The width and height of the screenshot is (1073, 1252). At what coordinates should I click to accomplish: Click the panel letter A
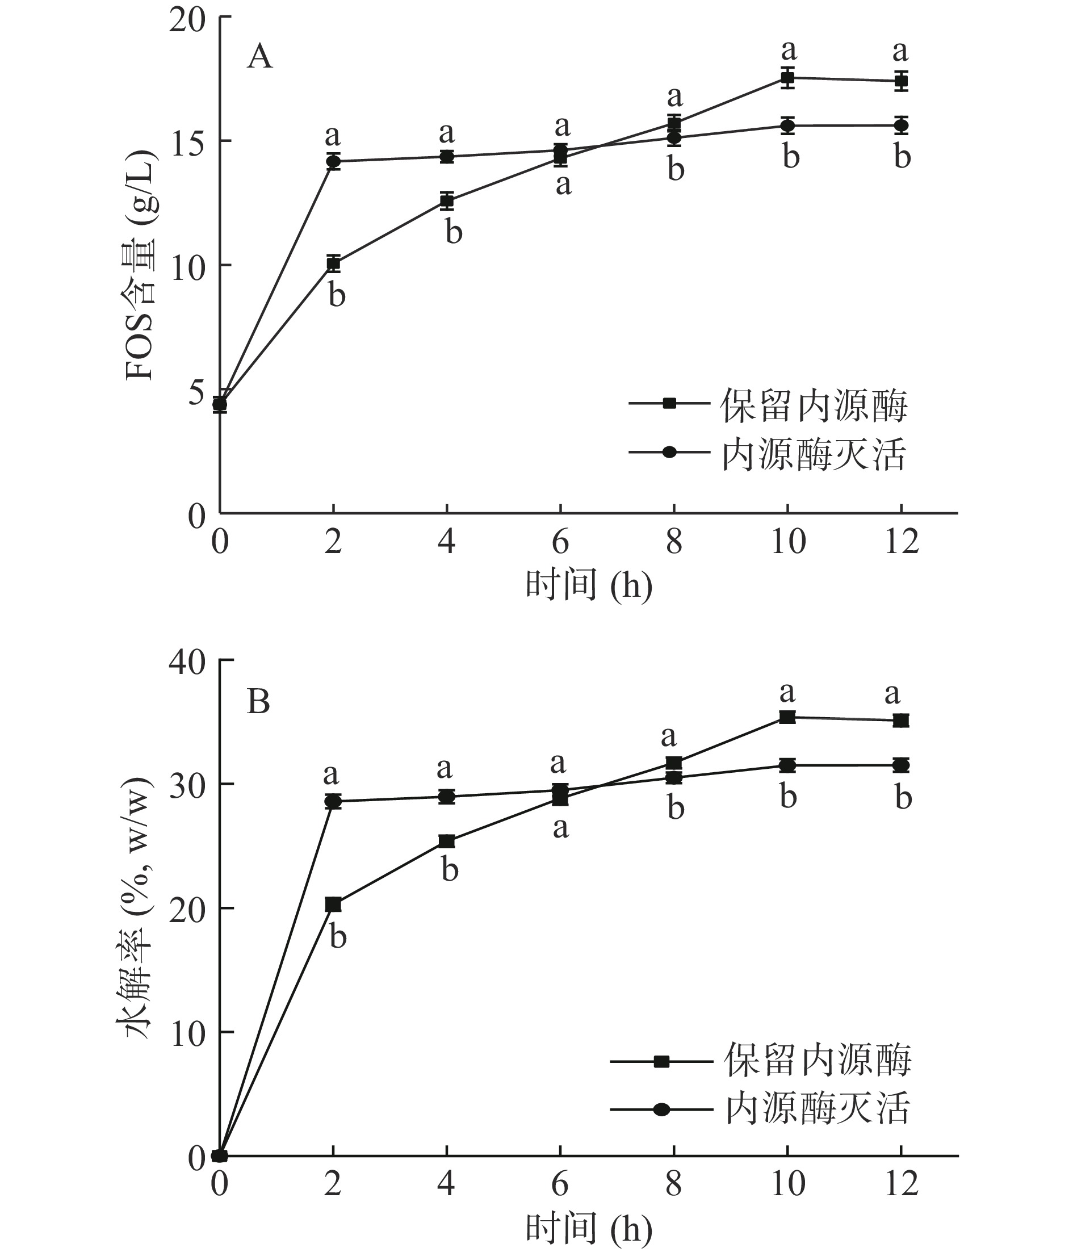pos(260,58)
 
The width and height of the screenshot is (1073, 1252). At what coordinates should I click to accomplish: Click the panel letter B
pos(258,702)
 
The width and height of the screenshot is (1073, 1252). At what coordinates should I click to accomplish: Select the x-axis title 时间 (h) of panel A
pos(589,585)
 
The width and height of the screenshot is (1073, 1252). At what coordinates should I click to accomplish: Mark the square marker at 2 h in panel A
pos(333,263)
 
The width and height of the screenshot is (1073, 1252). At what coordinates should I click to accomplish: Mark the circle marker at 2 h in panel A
pos(333,161)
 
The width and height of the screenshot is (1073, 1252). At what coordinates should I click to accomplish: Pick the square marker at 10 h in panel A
pos(787,77)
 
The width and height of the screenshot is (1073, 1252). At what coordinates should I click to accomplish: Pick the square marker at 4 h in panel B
pos(446,841)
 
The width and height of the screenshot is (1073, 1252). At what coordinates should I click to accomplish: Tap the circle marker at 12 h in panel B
pos(901,765)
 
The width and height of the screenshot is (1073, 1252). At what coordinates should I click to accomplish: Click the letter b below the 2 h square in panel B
pos(338,937)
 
